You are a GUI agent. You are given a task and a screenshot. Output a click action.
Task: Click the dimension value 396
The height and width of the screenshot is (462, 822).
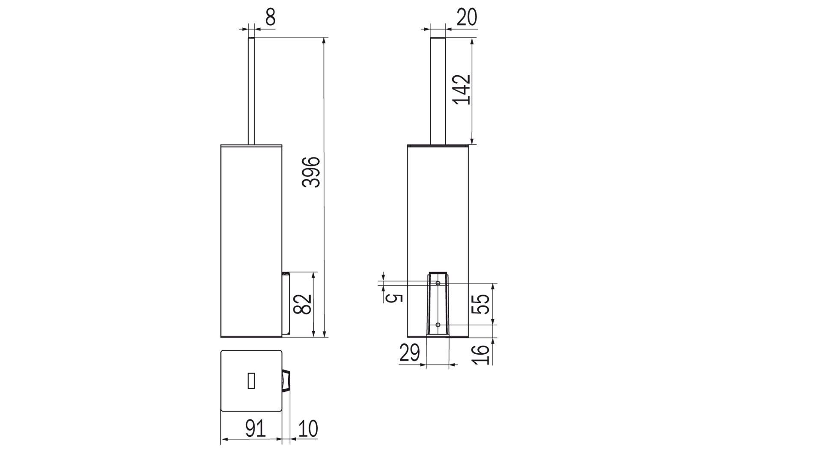[x=311, y=172]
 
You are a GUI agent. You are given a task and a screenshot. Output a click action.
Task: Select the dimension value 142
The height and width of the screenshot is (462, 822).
[x=462, y=89]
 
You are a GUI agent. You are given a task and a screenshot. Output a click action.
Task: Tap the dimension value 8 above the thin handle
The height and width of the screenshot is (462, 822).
[x=270, y=18]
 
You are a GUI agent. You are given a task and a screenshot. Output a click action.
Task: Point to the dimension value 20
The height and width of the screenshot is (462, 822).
[x=466, y=18]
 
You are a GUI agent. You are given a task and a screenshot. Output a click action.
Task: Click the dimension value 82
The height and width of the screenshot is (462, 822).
[x=305, y=303]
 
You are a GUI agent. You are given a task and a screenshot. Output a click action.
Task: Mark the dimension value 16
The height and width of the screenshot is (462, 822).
[x=482, y=354]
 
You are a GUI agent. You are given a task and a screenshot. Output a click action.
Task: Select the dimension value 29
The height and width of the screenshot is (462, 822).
[x=410, y=353]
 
